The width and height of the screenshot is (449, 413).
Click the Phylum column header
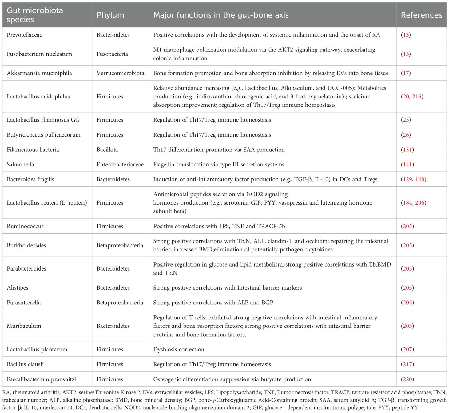110,15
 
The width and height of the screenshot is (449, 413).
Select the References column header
421,15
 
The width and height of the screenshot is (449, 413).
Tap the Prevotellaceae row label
24,35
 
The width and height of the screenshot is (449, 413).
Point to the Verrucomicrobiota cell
120,73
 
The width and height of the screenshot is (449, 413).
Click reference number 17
406,73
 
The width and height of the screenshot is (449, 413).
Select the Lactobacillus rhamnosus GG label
43,120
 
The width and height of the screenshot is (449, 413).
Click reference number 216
417,96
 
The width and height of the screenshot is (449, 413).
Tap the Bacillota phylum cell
107,150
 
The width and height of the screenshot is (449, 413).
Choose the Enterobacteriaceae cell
120,164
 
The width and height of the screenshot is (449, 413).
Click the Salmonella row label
20,164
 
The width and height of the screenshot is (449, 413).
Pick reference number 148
420,179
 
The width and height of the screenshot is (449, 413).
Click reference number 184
407,202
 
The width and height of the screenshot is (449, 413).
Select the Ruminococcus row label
25,226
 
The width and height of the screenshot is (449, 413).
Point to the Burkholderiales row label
26,245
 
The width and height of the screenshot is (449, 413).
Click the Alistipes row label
17,288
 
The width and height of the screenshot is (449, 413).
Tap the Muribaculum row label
24,326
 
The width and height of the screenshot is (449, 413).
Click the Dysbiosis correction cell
179,349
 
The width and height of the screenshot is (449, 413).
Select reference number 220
407,379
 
